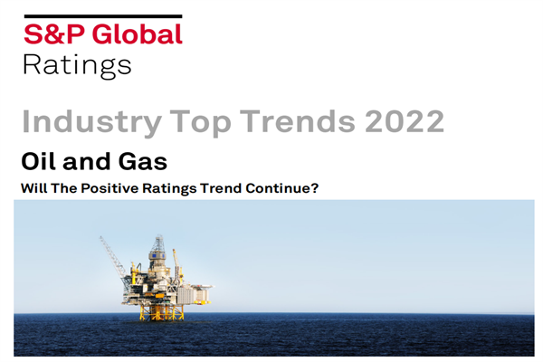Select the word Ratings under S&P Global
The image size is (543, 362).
77,65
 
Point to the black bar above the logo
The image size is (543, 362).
102,16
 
